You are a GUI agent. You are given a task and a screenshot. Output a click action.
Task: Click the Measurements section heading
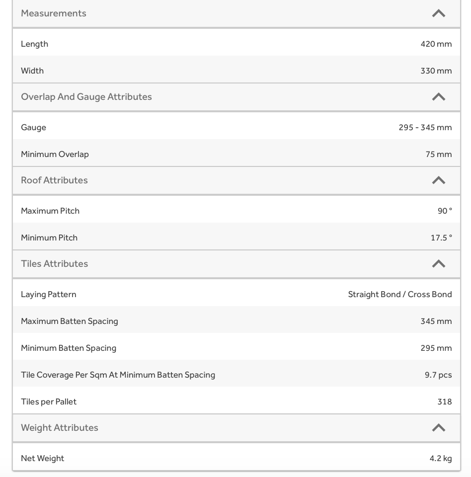coord(54,13)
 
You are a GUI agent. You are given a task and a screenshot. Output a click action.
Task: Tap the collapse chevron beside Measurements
coord(438,13)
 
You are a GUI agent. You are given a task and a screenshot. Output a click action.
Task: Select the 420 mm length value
coord(436,44)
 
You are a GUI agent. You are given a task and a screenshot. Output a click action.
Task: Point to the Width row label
coord(32,71)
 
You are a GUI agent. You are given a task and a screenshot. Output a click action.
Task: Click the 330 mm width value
coord(436,71)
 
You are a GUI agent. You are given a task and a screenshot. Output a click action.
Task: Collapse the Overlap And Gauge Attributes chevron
coord(438,97)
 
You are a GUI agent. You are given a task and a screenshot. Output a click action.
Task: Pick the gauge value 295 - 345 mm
coord(425,128)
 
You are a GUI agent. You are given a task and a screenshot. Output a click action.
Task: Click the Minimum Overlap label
coord(55,154)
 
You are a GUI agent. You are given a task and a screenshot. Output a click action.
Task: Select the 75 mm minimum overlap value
coord(438,154)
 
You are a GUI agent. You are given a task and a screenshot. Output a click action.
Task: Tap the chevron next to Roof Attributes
coord(438,180)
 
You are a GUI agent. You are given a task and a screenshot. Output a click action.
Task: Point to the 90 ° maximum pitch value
coord(445,211)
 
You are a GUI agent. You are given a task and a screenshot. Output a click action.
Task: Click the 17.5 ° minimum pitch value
coord(441,238)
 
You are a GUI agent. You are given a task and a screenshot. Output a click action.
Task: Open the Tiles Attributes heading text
coord(54,264)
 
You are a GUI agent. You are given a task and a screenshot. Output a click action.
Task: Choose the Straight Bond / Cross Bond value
coord(399,295)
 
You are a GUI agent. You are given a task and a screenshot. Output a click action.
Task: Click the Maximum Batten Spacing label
coord(70,321)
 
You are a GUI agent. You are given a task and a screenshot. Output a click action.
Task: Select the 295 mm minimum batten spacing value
coord(436,348)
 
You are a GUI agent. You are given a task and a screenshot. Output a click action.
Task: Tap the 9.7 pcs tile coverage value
coord(438,375)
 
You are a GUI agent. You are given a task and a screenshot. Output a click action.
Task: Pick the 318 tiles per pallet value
coord(444,401)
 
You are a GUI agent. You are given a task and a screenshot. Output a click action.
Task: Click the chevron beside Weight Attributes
coord(438,428)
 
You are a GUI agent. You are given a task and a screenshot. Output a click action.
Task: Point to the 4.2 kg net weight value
coord(440,458)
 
